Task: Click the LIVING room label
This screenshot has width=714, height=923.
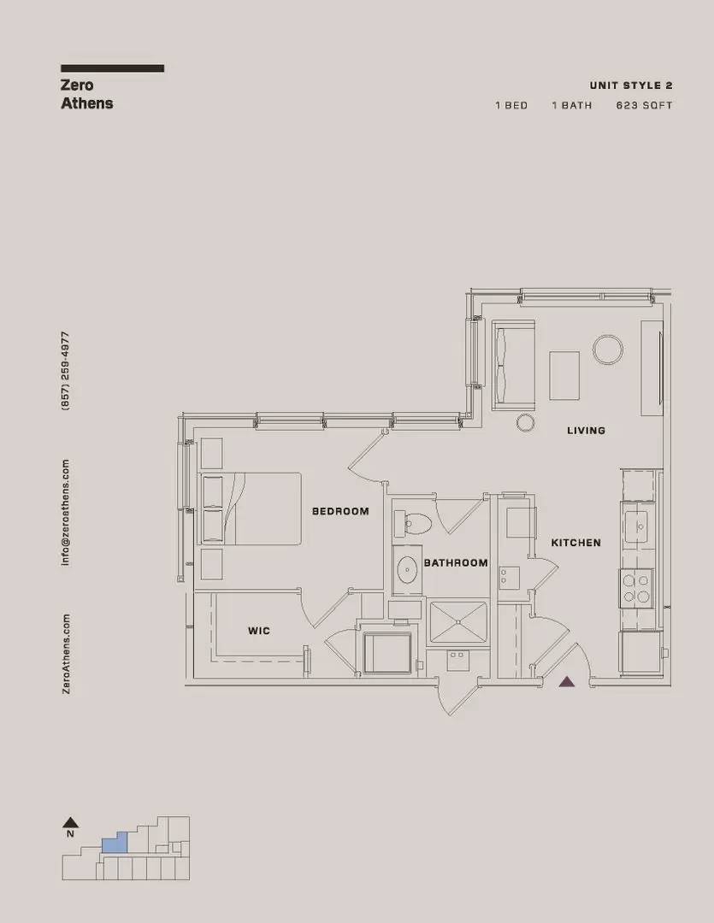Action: [586, 430]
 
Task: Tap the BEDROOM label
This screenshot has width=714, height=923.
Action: [340, 511]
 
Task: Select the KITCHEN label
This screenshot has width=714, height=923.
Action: [576, 543]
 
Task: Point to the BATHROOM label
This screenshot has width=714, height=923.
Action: [456, 562]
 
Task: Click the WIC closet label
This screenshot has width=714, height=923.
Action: [259, 631]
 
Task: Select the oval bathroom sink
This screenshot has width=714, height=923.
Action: [407, 570]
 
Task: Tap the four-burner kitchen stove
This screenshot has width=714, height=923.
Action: [636, 588]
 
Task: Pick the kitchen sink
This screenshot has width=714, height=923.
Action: [636, 521]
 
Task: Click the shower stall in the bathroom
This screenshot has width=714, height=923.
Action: [457, 623]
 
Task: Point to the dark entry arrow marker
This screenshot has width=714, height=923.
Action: [567, 682]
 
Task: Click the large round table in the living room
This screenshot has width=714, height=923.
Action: [607, 350]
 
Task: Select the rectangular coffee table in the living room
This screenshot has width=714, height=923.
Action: [564, 375]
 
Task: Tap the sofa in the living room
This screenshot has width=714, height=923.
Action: [513, 365]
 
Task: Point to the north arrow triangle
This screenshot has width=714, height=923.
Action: [71, 822]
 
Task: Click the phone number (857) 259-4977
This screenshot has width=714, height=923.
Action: [65, 371]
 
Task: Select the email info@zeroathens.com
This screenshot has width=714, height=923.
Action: [65, 513]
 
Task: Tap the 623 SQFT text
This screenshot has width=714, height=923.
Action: [645, 105]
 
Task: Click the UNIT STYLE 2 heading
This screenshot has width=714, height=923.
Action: [631, 85]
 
